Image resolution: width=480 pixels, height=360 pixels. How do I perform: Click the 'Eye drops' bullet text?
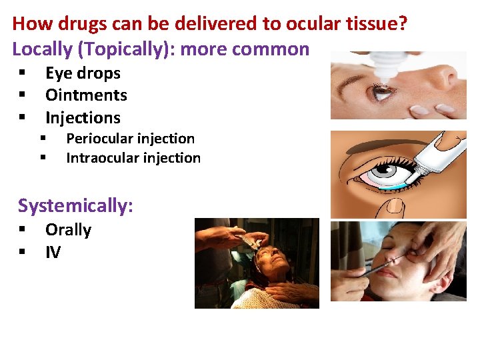(x=83, y=73)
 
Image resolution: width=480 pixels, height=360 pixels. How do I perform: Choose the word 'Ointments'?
(x=86, y=95)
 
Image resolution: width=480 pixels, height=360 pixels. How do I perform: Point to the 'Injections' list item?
(x=83, y=118)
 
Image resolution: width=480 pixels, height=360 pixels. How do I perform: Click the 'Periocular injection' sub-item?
(x=130, y=139)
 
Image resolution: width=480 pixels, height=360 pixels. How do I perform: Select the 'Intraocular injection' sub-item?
(x=133, y=158)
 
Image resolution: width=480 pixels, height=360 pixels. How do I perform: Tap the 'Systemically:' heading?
(x=75, y=205)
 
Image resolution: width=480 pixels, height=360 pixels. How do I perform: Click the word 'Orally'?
(x=68, y=230)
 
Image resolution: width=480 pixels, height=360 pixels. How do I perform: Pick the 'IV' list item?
(x=53, y=252)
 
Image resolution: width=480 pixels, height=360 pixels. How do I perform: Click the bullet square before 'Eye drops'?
(x=22, y=73)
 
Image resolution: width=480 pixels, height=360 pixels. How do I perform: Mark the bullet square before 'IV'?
(x=22, y=252)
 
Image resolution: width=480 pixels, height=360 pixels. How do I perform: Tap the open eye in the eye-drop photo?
(x=383, y=92)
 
